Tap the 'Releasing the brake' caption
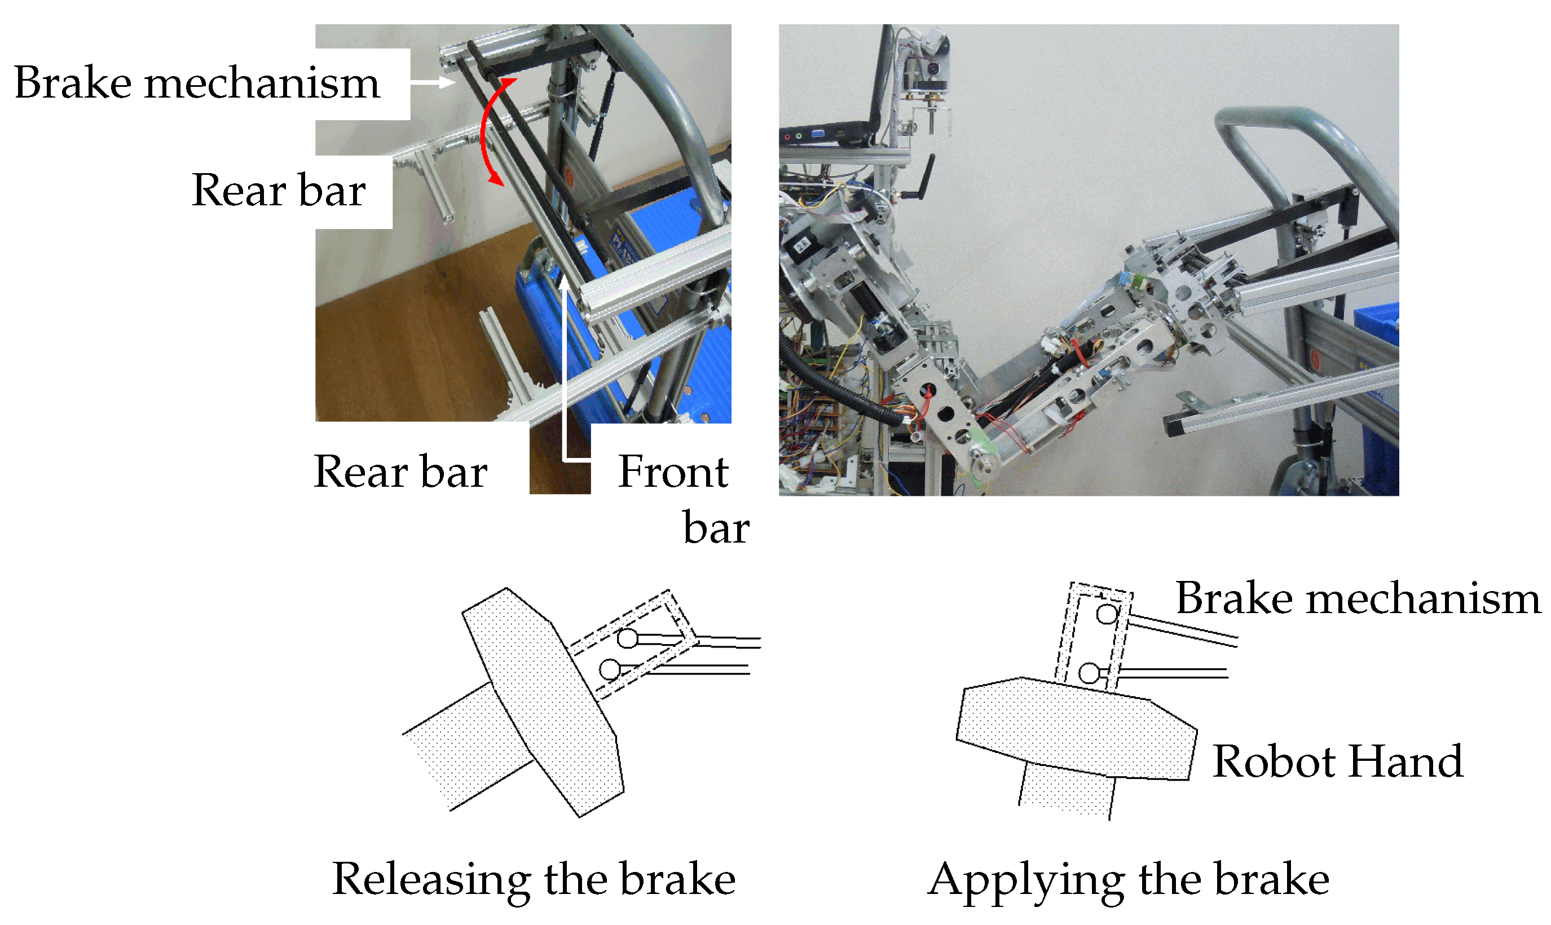534,879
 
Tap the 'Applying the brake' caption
1129,879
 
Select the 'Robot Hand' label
1337,761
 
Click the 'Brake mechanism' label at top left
197,82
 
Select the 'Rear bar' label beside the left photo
279,190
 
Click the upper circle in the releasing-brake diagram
628,638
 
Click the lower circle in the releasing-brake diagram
610,670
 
